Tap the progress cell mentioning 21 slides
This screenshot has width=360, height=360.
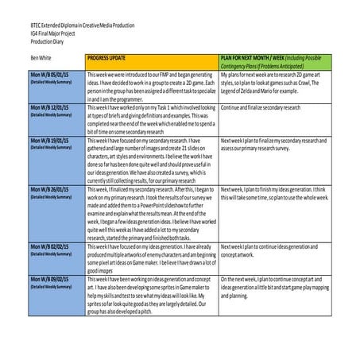[151, 160]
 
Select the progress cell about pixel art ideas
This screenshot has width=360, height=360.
[151, 260]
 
